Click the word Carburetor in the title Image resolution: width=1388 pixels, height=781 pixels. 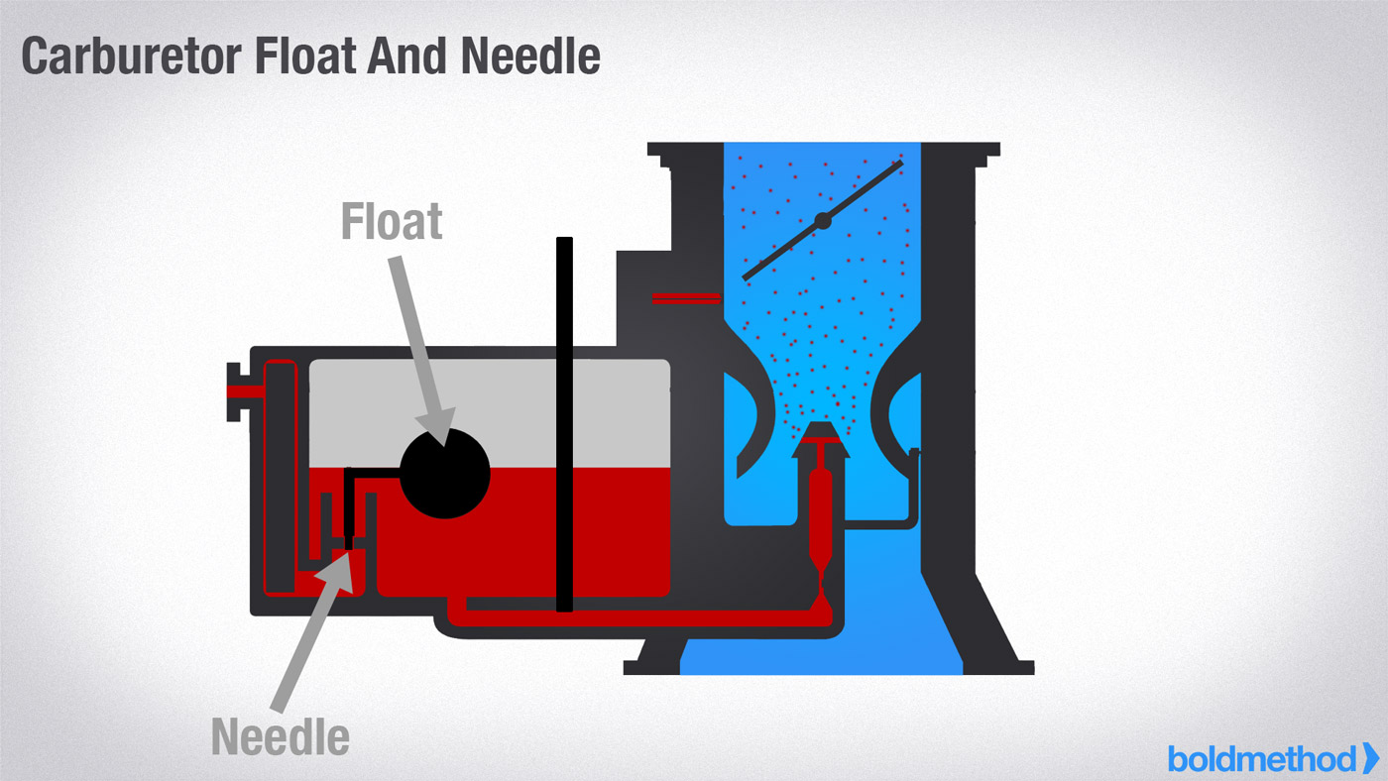tap(131, 56)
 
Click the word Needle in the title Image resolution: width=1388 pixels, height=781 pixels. tap(530, 56)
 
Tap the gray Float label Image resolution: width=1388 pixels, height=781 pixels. tap(392, 222)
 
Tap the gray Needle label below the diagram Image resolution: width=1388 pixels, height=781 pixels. tap(280, 737)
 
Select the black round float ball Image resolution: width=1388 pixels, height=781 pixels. tap(445, 474)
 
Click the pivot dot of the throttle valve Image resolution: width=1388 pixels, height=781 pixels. tap(823, 220)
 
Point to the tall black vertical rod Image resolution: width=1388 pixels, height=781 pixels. tap(564, 424)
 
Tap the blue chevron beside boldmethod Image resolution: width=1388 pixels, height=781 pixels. tap(1370, 758)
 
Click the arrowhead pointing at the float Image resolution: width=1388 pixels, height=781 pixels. tap(437, 426)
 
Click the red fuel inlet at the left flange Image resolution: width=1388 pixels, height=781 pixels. tap(246, 391)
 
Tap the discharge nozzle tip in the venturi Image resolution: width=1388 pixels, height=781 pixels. tap(821, 433)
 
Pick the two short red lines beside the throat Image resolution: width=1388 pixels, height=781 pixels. tap(686, 298)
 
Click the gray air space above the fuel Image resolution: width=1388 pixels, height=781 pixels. tap(490, 413)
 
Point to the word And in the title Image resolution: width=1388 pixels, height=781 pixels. tap(406, 56)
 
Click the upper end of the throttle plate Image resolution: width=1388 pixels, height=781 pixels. tap(900, 164)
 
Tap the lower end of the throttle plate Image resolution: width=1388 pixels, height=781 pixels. tap(746, 278)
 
